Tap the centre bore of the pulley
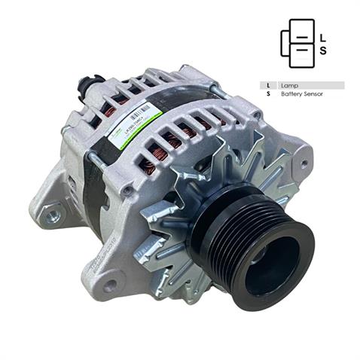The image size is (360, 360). coord(273,266)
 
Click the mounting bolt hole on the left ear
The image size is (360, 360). coord(52,216)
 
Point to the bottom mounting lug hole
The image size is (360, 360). coord(110,285)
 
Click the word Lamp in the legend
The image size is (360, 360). coord(290,85)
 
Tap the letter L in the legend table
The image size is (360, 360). coord(269,85)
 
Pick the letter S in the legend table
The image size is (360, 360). coord(269,95)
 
